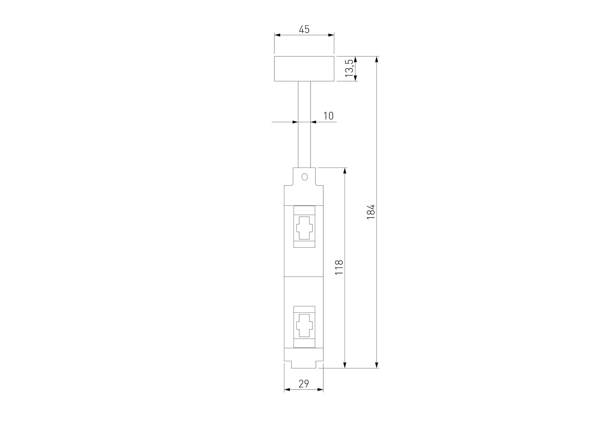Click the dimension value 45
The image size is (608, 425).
[x=304, y=29]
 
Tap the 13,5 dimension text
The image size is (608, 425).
[x=350, y=68]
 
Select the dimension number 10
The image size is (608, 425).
[x=329, y=116]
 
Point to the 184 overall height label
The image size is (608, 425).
[x=370, y=212]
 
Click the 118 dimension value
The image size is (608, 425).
[x=339, y=267]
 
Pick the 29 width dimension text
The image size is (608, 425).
[x=304, y=384]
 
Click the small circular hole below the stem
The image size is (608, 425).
[x=304, y=177]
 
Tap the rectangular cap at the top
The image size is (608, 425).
[x=304, y=69]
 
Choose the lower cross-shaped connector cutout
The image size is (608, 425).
[x=304, y=325]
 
